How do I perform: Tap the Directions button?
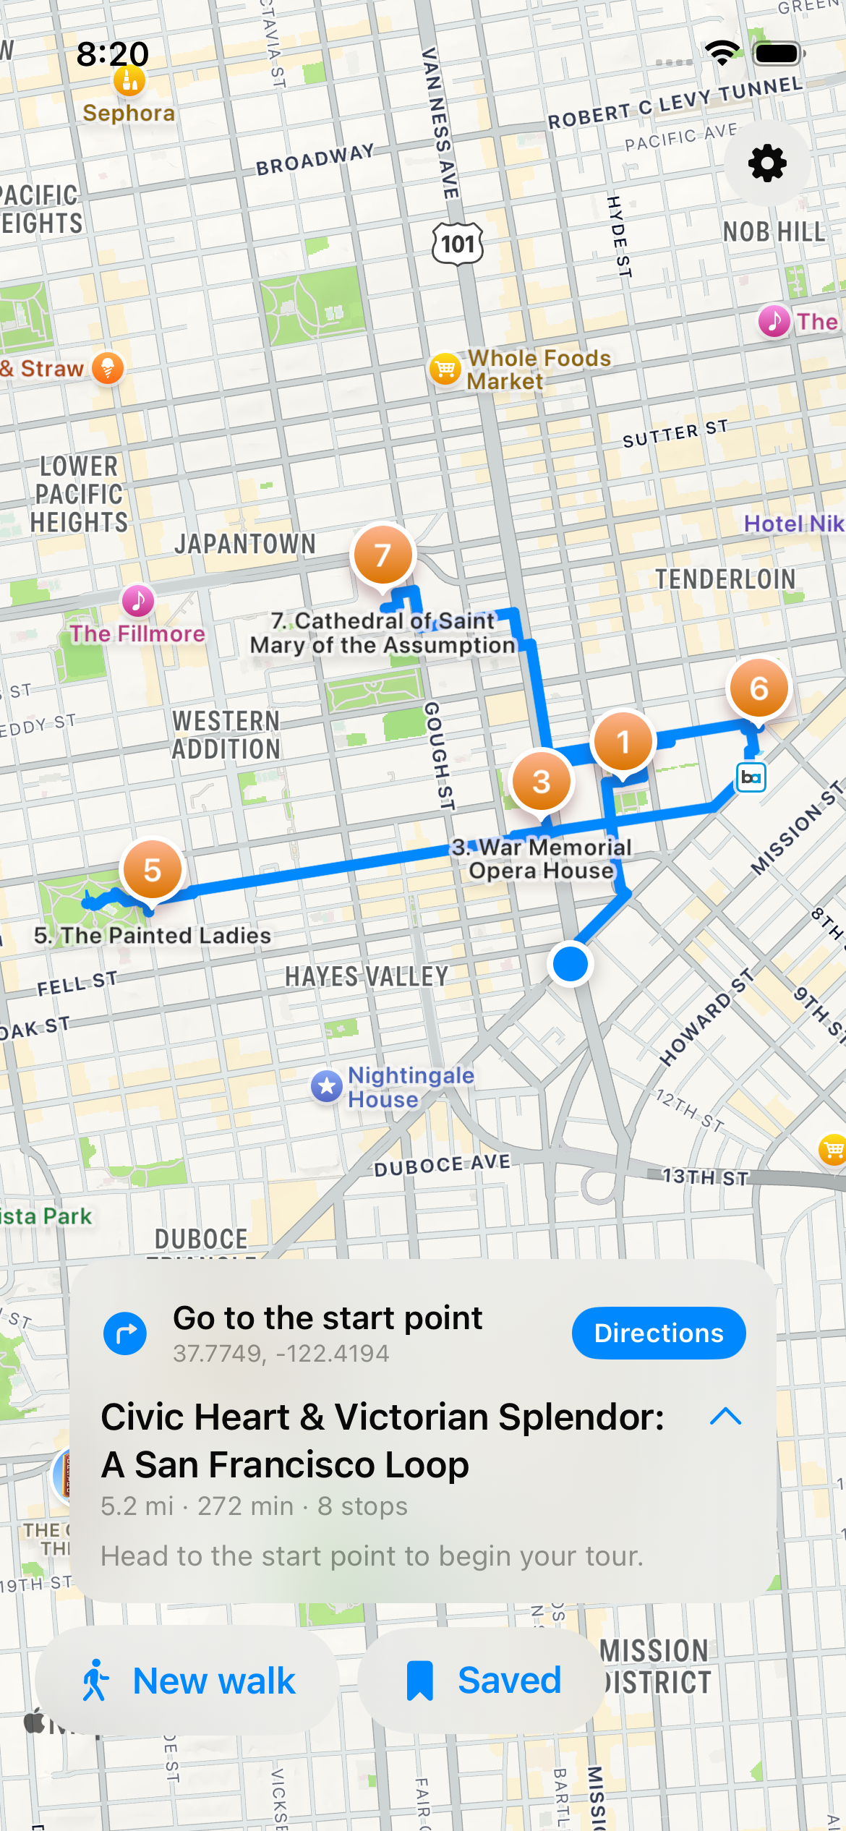[658, 1333]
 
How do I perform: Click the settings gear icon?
[767, 163]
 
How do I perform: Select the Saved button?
[482, 1681]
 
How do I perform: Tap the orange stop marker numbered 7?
[383, 555]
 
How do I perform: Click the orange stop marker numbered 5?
[152, 870]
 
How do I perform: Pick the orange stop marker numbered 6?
[759, 688]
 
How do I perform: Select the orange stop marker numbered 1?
[623, 742]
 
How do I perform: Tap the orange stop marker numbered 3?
[541, 782]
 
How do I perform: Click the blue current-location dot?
[571, 964]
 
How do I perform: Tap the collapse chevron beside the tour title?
[726, 1417]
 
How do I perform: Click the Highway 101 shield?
[458, 244]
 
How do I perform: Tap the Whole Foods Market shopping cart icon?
[445, 370]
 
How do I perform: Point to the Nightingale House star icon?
[327, 1086]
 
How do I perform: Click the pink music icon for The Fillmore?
[138, 600]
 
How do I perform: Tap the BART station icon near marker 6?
[751, 777]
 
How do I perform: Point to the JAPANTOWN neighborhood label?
[245, 545]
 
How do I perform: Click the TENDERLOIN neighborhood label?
[725, 579]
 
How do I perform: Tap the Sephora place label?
[129, 113]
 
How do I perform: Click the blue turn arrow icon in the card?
[125, 1333]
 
